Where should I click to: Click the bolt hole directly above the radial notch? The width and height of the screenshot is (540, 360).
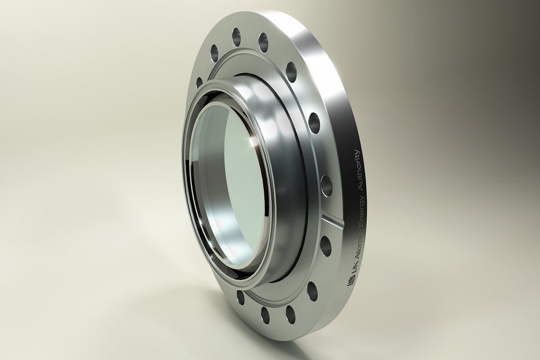coord(326,183)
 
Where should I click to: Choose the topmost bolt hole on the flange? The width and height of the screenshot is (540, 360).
coord(236,34)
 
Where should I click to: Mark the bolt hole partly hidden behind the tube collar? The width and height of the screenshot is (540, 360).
coord(199,82)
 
